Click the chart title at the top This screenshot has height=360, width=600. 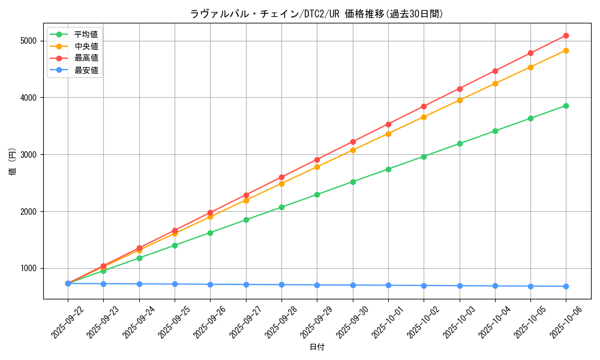[317, 14]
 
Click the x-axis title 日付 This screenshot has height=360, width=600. [317, 347]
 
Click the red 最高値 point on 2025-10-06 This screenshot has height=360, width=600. [566, 35]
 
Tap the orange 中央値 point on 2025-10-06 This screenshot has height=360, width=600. [566, 50]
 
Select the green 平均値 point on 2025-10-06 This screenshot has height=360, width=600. [566, 106]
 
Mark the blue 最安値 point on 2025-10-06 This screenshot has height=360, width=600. [566, 286]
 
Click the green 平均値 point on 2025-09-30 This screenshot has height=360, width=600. [353, 182]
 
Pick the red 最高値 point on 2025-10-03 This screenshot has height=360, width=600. [460, 89]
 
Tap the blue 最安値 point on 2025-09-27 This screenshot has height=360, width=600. [246, 284]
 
